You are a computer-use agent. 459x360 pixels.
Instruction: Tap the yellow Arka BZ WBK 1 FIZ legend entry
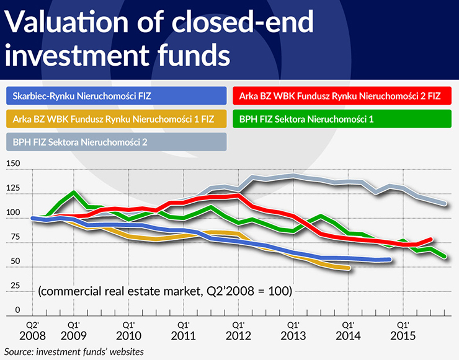[x=117, y=118]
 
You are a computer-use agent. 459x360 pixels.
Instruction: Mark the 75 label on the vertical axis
[x=14, y=237]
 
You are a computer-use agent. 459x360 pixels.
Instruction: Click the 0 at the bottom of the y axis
[x=17, y=310]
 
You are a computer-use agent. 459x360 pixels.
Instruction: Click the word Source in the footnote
[x=19, y=352]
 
